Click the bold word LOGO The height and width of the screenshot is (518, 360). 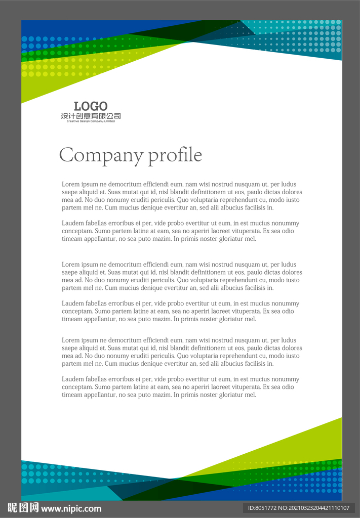click(x=91, y=106)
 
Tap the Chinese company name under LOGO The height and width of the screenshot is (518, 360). click(x=91, y=116)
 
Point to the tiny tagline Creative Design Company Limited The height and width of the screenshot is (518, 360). click(x=91, y=121)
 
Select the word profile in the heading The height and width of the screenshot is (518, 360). click(x=175, y=155)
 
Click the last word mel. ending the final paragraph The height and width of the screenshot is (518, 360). click(x=251, y=395)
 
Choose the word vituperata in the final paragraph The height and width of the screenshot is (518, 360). click(x=239, y=387)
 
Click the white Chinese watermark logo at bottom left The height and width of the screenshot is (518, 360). click(x=23, y=508)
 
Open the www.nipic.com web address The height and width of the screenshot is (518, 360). click(x=71, y=508)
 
